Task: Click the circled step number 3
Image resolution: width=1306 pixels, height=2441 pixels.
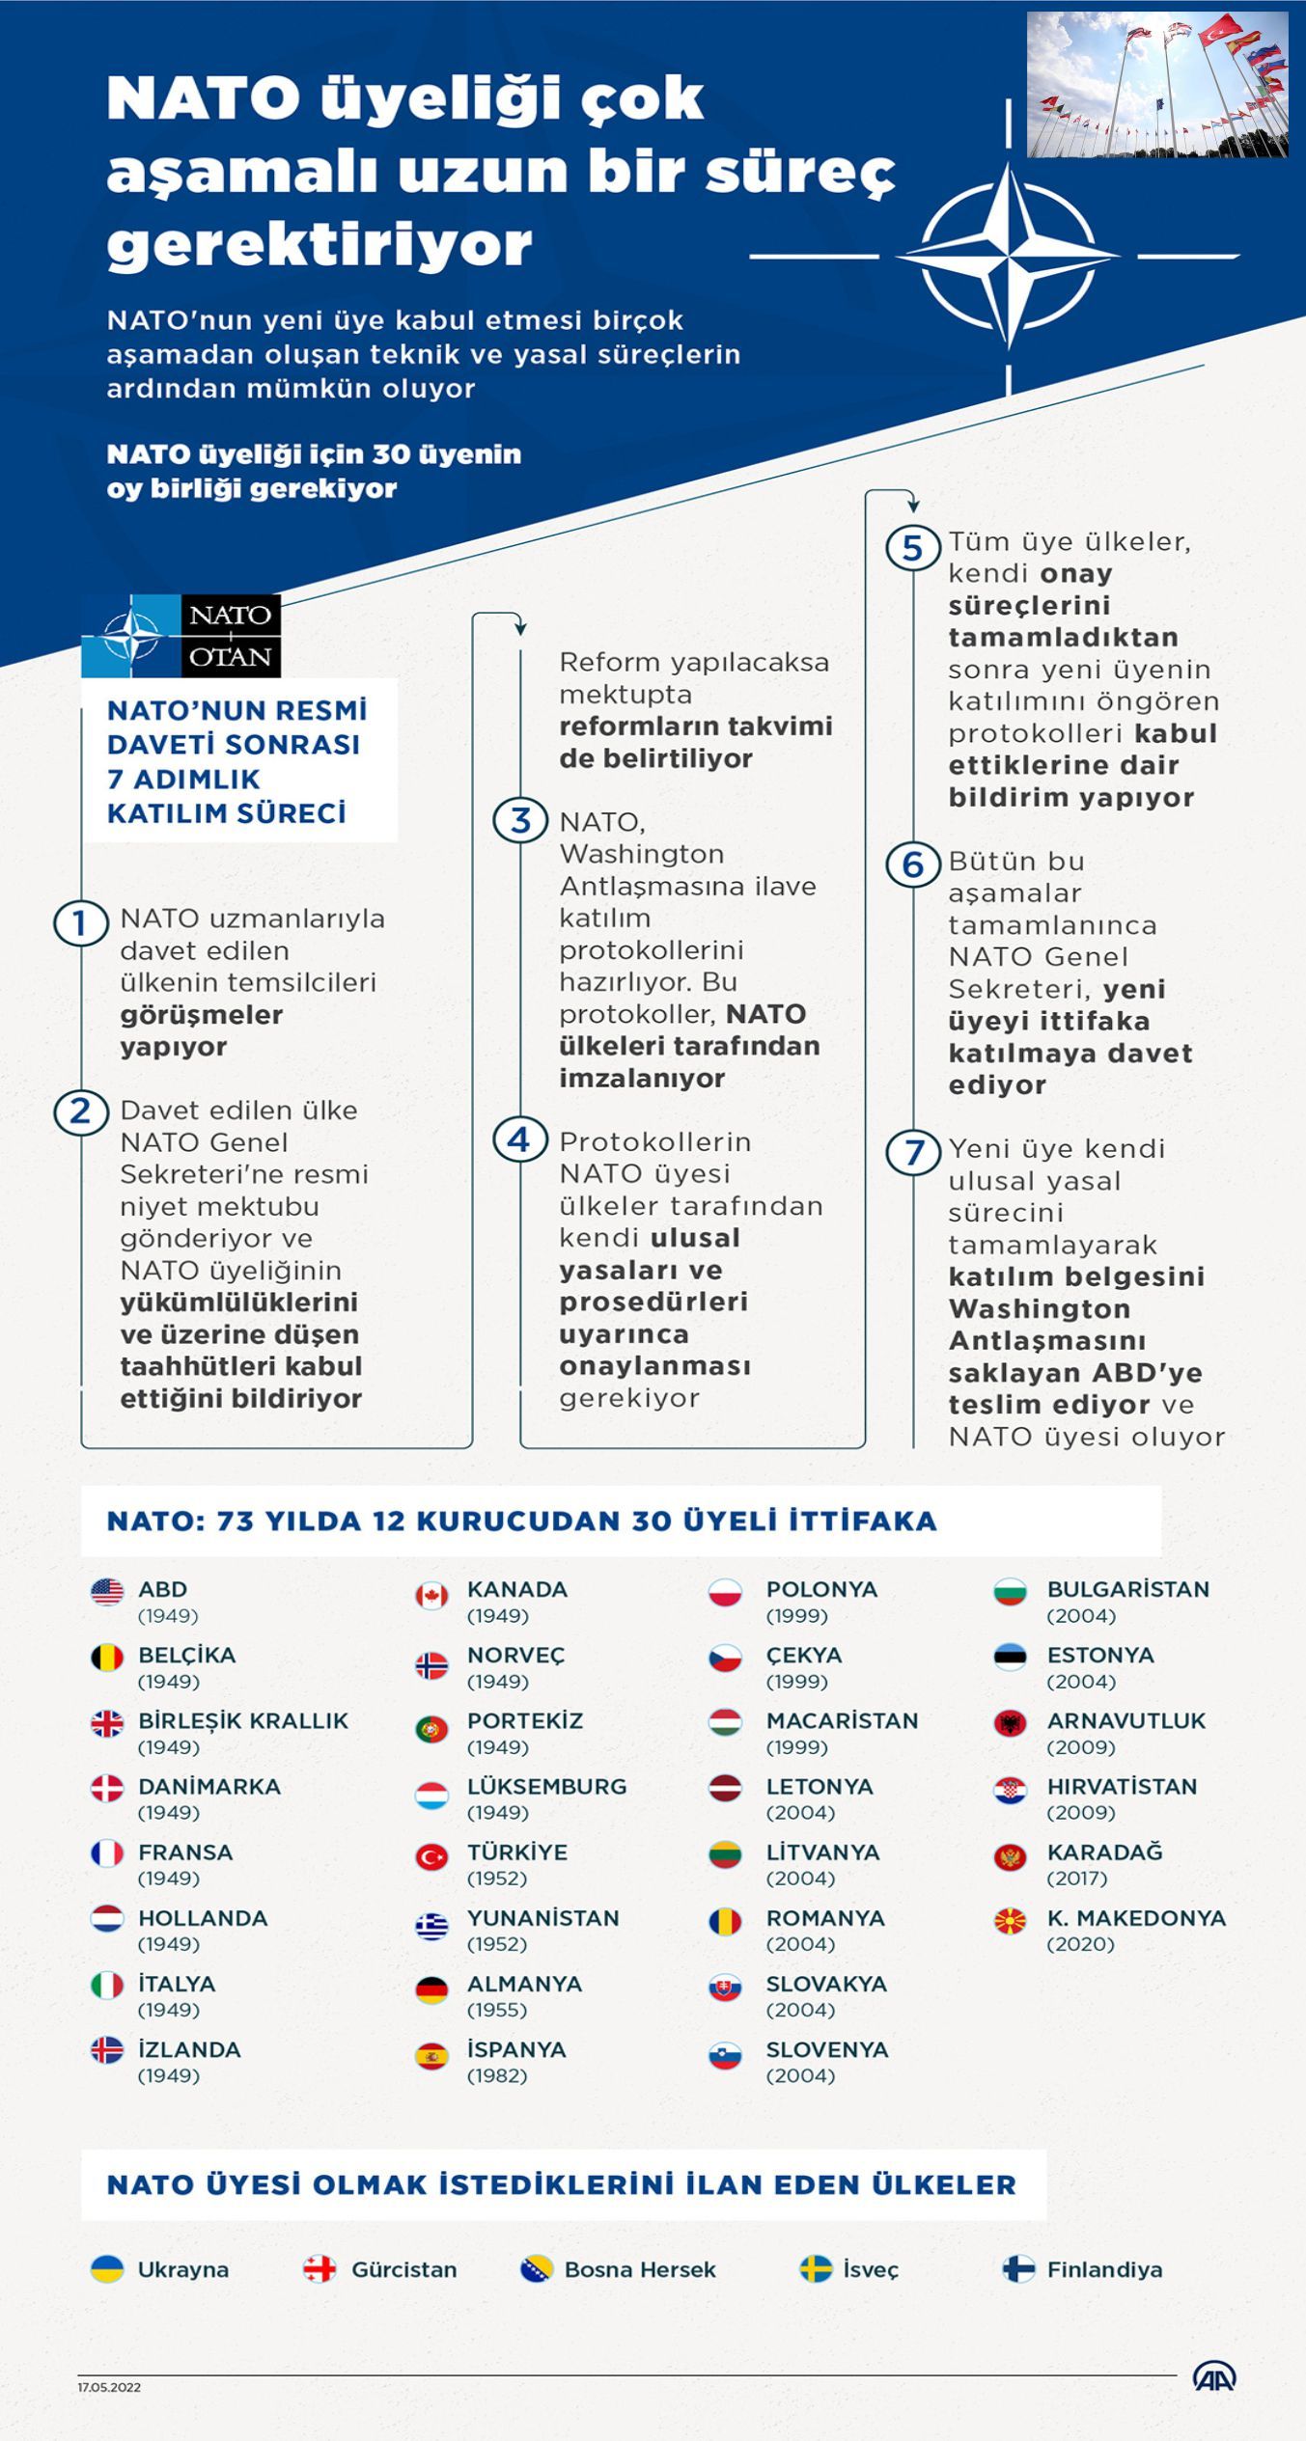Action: click(x=520, y=821)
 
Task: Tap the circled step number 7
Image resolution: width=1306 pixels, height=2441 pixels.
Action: click(x=913, y=1152)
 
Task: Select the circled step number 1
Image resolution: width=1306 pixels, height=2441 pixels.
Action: click(x=80, y=923)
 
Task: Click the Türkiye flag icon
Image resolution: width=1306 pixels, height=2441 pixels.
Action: click(x=431, y=1857)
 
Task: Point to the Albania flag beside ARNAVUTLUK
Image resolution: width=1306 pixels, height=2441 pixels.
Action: click(x=1010, y=1723)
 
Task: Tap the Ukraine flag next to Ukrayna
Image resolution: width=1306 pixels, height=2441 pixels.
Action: click(x=107, y=2269)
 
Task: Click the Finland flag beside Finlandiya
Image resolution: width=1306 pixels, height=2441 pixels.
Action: click(x=1018, y=2269)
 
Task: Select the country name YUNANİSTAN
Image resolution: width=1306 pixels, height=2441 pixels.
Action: click(x=542, y=1918)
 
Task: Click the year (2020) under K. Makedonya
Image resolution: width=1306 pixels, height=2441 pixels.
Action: click(x=1080, y=1944)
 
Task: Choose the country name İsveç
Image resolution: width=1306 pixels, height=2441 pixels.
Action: click(x=871, y=2270)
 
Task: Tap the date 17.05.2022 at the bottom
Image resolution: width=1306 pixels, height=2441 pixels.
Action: click(x=109, y=2388)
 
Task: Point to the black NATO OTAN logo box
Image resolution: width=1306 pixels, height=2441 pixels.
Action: click(x=231, y=636)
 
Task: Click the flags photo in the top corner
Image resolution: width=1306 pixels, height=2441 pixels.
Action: click(x=1157, y=85)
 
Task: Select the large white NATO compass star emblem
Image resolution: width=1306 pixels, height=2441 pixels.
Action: click(x=1009, y=256)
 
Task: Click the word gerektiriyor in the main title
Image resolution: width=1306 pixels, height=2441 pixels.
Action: click(x=320, y=243)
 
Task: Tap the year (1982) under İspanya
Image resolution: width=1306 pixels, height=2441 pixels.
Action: click(x=497, y=2075)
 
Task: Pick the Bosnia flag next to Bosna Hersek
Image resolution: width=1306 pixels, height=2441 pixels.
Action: click(x=536, y=2269)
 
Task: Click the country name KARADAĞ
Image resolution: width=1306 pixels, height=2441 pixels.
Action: click(x=1104, y=1852)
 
